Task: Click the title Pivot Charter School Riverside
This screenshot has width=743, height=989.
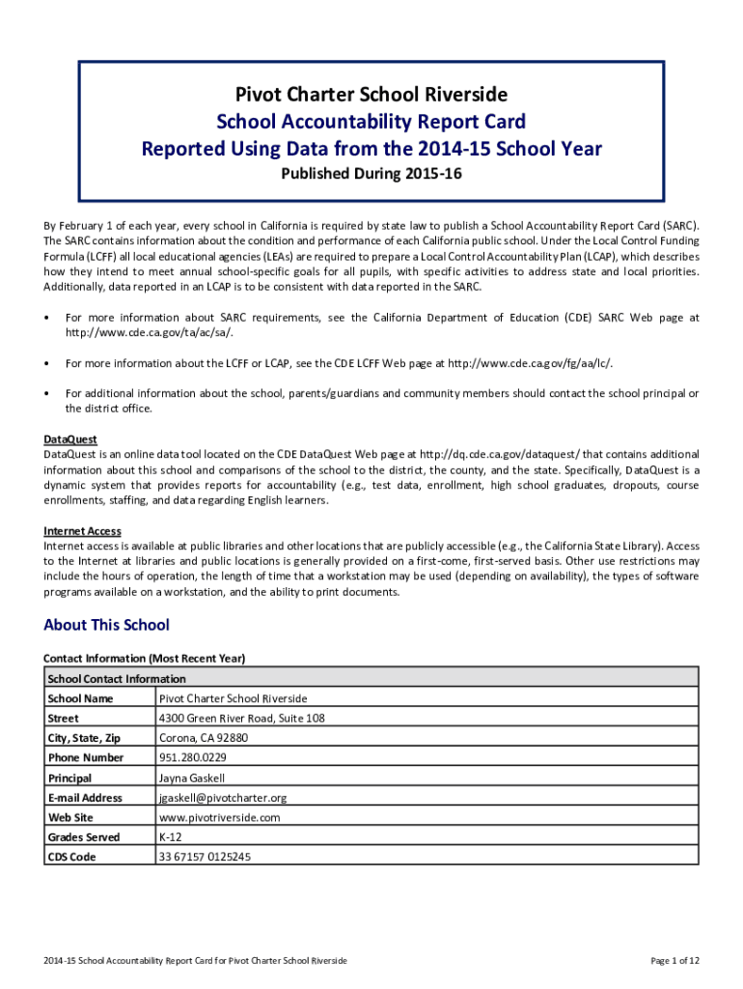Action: [x=371, y=95]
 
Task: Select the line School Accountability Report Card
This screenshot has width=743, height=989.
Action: [x=371, y=122]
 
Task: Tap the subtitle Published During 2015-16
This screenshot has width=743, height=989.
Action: [x=371, y=175]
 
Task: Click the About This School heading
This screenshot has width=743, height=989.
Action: [x=106, y=625]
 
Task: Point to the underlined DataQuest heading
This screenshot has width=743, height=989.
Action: [x=70, y=439]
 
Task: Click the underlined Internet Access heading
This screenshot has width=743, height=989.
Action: [x=82, y=531]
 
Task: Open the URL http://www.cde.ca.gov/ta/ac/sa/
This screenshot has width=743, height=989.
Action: [x=150, y=332]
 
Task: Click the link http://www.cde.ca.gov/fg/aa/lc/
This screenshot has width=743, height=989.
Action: [x=529, y=363]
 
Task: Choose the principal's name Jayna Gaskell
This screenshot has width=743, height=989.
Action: [x=192, y=778]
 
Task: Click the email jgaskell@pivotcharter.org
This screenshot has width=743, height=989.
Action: [x=223, y=798]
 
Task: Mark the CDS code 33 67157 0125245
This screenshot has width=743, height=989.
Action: [x=205, y=857]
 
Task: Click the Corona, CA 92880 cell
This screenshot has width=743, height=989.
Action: [x=204, y=738]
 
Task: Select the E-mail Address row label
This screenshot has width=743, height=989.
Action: [x=85, y=798]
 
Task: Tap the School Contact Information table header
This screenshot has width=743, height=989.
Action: [x=117, y=679]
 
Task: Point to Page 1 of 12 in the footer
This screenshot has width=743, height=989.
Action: [x=675, y=960]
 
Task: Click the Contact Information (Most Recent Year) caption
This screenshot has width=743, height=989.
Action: [x=145, y=659]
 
